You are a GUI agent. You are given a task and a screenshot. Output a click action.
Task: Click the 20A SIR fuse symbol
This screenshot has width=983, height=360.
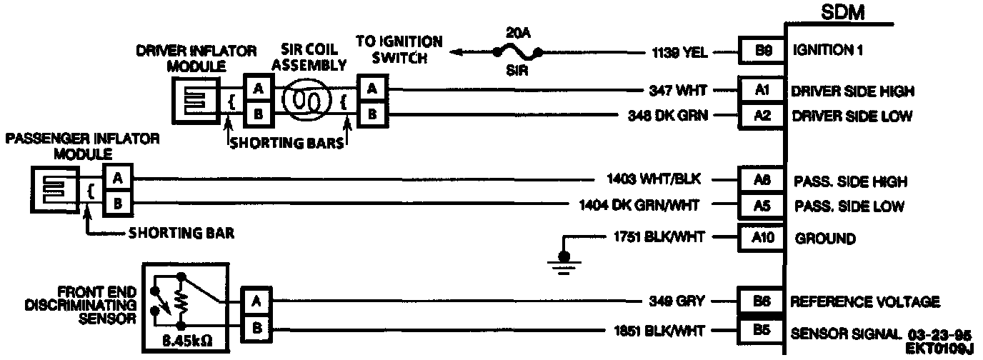(x=516, y=51)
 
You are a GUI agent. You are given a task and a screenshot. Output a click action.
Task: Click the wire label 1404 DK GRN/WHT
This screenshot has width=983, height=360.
(x=639, y=206)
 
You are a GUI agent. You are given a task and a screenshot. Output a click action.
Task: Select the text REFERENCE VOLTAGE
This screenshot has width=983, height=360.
(x=864, y=302)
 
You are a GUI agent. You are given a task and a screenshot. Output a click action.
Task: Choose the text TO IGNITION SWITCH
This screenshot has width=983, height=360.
(x=399, y=50)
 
